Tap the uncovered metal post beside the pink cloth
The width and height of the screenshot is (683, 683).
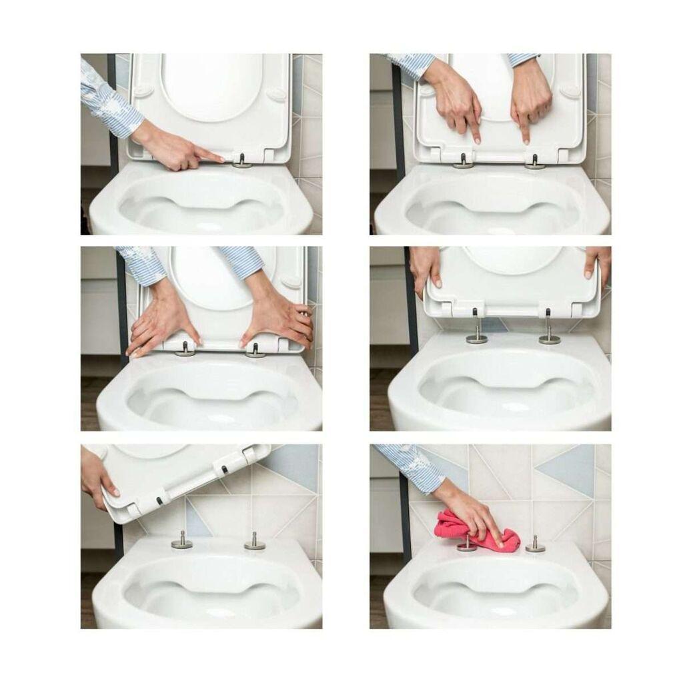pyautogui.click(x=535, y=544)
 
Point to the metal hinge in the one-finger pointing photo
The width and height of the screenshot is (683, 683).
pyautogui.click(x=242, y=161)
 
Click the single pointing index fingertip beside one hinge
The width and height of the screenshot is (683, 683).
pyautogui.click(x=221, y=159)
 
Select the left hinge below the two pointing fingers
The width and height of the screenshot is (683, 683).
pyautogui.click(x=463, y=161)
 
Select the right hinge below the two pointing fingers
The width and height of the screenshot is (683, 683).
pyautogui.click(x=535, y=162)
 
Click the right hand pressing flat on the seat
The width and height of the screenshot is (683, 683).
pyautogui.click(x=280, y=320)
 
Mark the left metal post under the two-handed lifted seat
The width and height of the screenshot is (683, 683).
pyautogui.click(x=476, y=333)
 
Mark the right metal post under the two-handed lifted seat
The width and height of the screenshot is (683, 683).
pyautogui.click(x=550, y=333)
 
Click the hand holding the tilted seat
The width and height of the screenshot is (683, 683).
pyautogui.click(x=97, y=477)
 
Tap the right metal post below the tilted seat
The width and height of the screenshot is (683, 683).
pyautogui.click(x=254, y=541)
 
